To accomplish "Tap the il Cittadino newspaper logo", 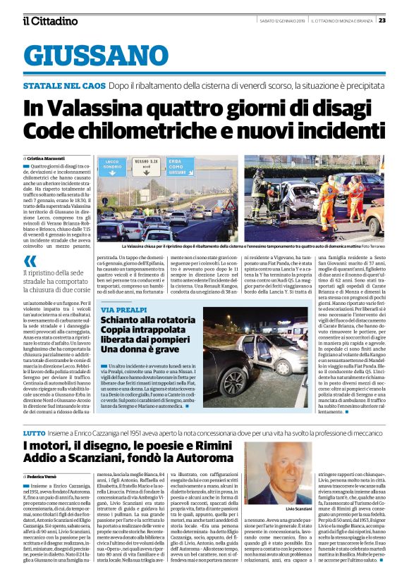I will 49,21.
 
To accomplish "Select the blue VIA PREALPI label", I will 124,311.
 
